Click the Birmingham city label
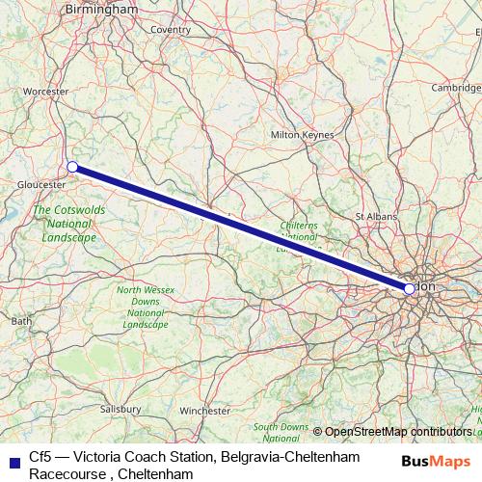click(101, 9)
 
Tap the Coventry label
click(170, 30)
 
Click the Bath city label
click(21, 320)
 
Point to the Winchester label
click(204, 411)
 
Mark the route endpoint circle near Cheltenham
click(72, 167)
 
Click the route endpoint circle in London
click(409, 288)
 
